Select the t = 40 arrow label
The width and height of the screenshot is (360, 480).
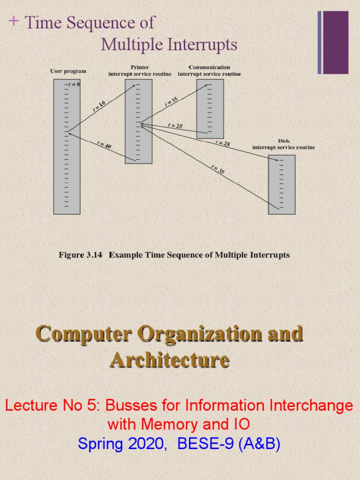tap(104, 146)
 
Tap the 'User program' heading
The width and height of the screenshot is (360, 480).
tap(68, 71)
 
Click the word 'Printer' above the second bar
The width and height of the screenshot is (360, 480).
tap(140, 67)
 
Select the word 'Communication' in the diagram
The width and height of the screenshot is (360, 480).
tap(210, 67)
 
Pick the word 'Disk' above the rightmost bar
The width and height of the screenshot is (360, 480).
tap(284, 141)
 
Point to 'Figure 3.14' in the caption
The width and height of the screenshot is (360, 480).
tap(77, 255)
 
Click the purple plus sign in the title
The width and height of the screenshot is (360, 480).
tap(14, 21)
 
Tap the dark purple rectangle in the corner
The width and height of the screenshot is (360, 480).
tap(336, 42)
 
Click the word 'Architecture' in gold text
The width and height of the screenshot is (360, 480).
tap(170, 360)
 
